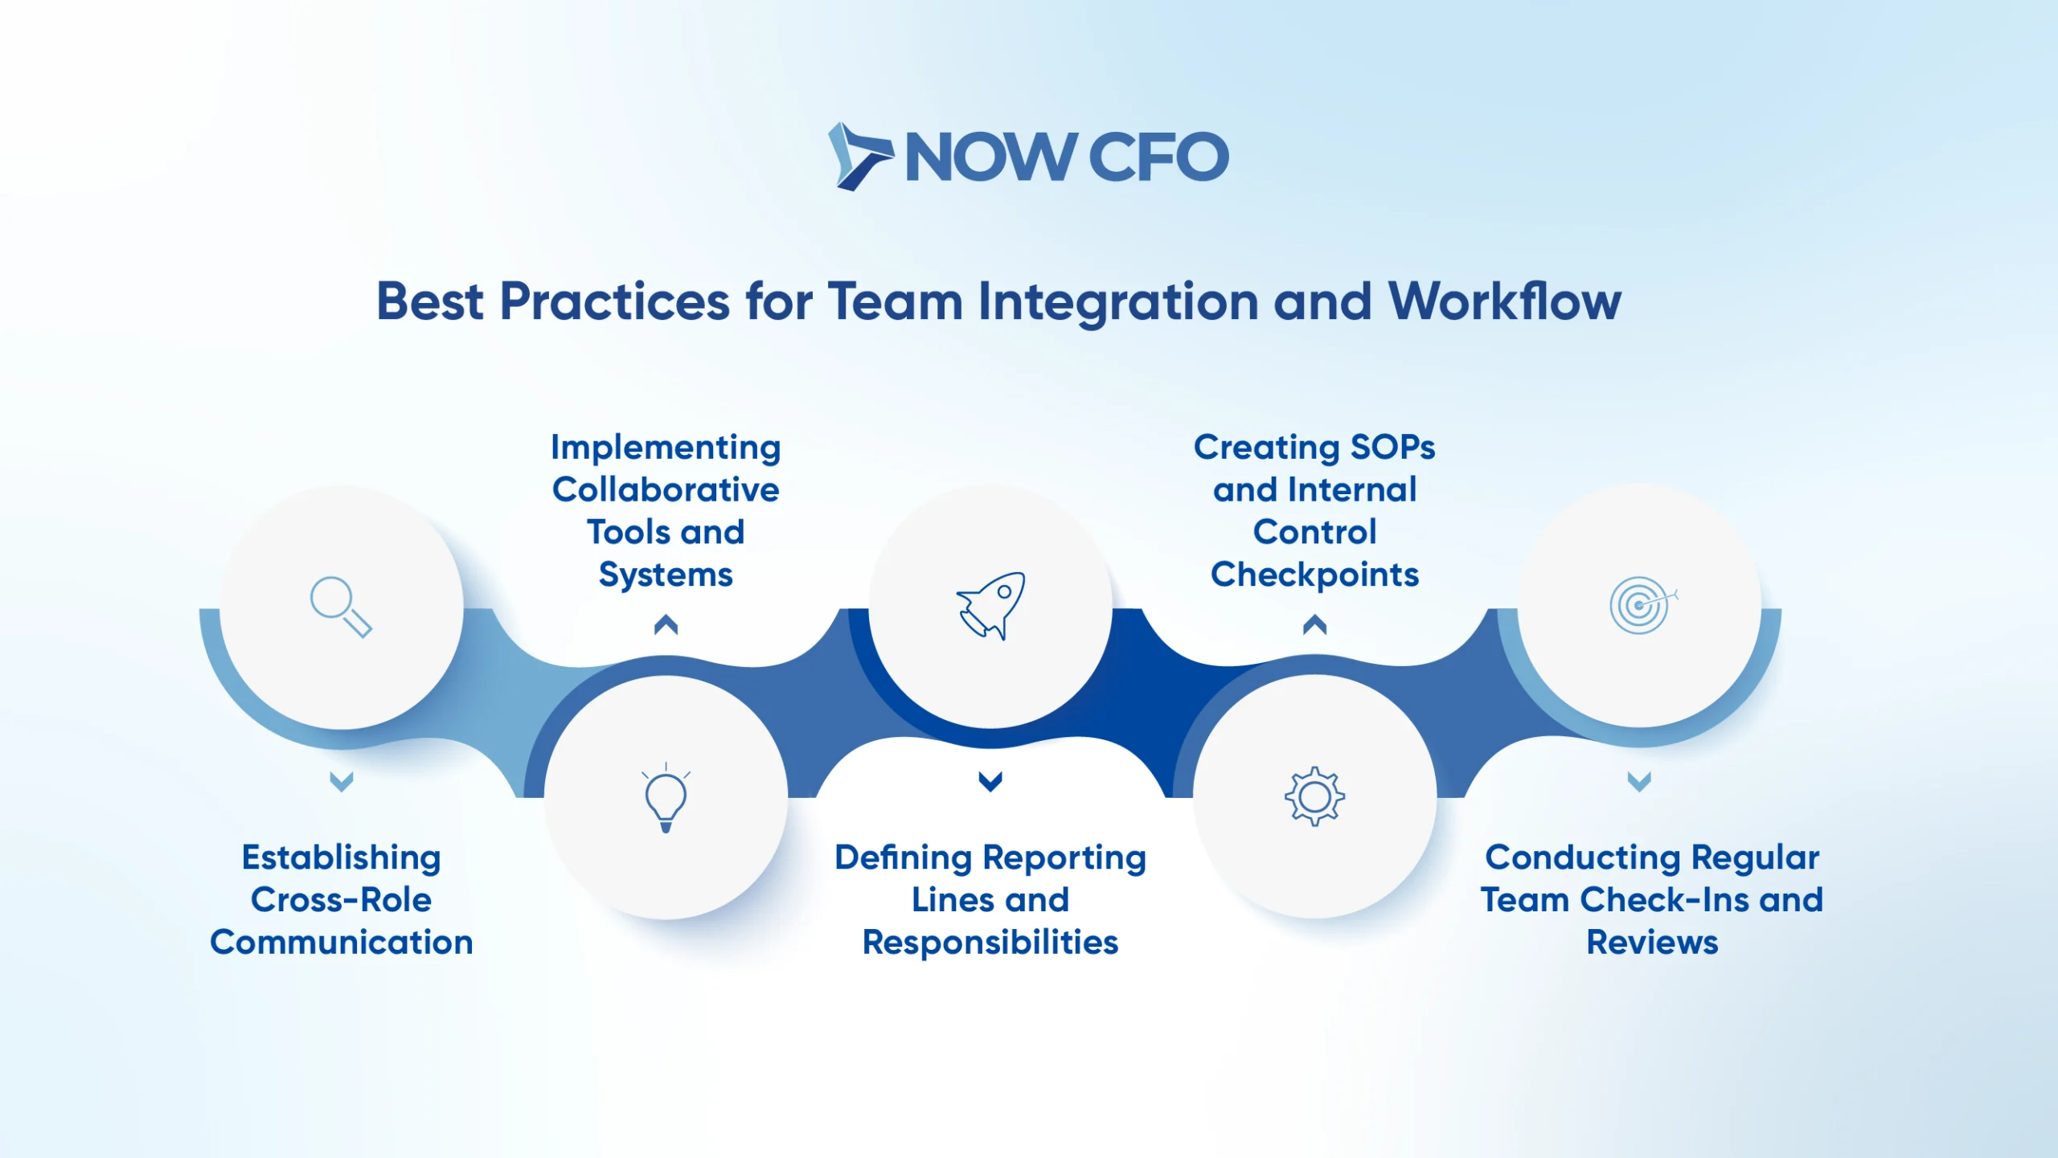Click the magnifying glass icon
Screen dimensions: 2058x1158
pos(341,607)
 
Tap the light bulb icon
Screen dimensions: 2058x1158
pos(666,798)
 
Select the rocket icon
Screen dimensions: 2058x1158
pos(990,606)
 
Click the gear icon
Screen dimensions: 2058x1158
pos(1314,796)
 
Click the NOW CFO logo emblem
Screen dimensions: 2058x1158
pos(859,157)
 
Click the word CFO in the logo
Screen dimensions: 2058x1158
pos(1158,157)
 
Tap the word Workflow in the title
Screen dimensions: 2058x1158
pos(1505,301)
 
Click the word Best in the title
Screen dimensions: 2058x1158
pos(430,301)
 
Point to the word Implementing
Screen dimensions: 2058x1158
pos(666,448)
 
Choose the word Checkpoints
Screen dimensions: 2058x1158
pos(1314,575)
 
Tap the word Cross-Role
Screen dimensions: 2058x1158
pos(341,899)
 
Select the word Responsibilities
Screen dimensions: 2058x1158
pos(990,943)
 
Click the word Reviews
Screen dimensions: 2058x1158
pos(1652,942)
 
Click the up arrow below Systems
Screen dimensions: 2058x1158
pos(666,624)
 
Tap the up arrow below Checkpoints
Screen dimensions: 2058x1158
pos(1314,624)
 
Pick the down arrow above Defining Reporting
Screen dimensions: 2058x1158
pos(990,781)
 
